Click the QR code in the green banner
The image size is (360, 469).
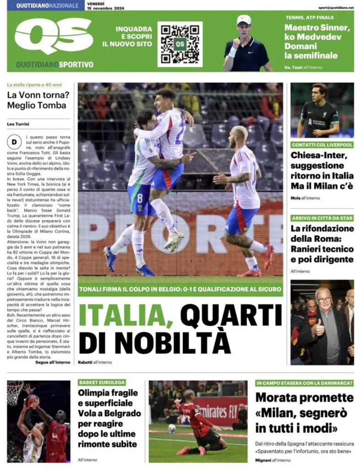pyautogui.click(x=180, y=44)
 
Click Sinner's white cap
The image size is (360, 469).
pyautogui.click(x=244, y=20)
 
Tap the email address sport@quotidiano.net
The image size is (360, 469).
pyautogui.click(x=336, y=8)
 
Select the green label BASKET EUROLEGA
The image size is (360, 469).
pyautogui.click(x=101, y=382)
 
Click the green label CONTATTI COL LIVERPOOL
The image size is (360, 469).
pyautogui.click(x=322, y=145)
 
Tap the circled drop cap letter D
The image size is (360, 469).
pyautogui.click(x=14, y=142)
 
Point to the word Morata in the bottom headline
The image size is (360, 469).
pyautogui.click(x=279, y=398)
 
